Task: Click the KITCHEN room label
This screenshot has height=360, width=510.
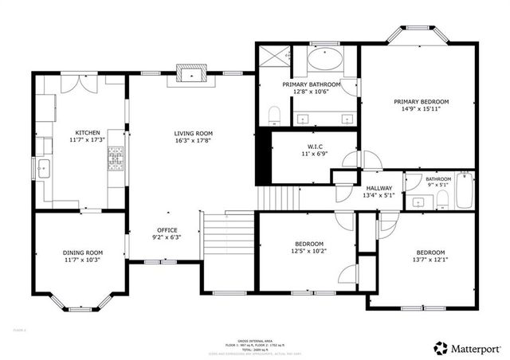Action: (88, 132)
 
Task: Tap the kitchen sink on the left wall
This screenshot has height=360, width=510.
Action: (43, 168)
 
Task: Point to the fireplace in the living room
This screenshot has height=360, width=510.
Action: (190, 76)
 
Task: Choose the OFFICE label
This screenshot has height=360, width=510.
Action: (167, 229)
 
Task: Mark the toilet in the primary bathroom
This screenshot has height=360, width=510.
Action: (273, 115)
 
